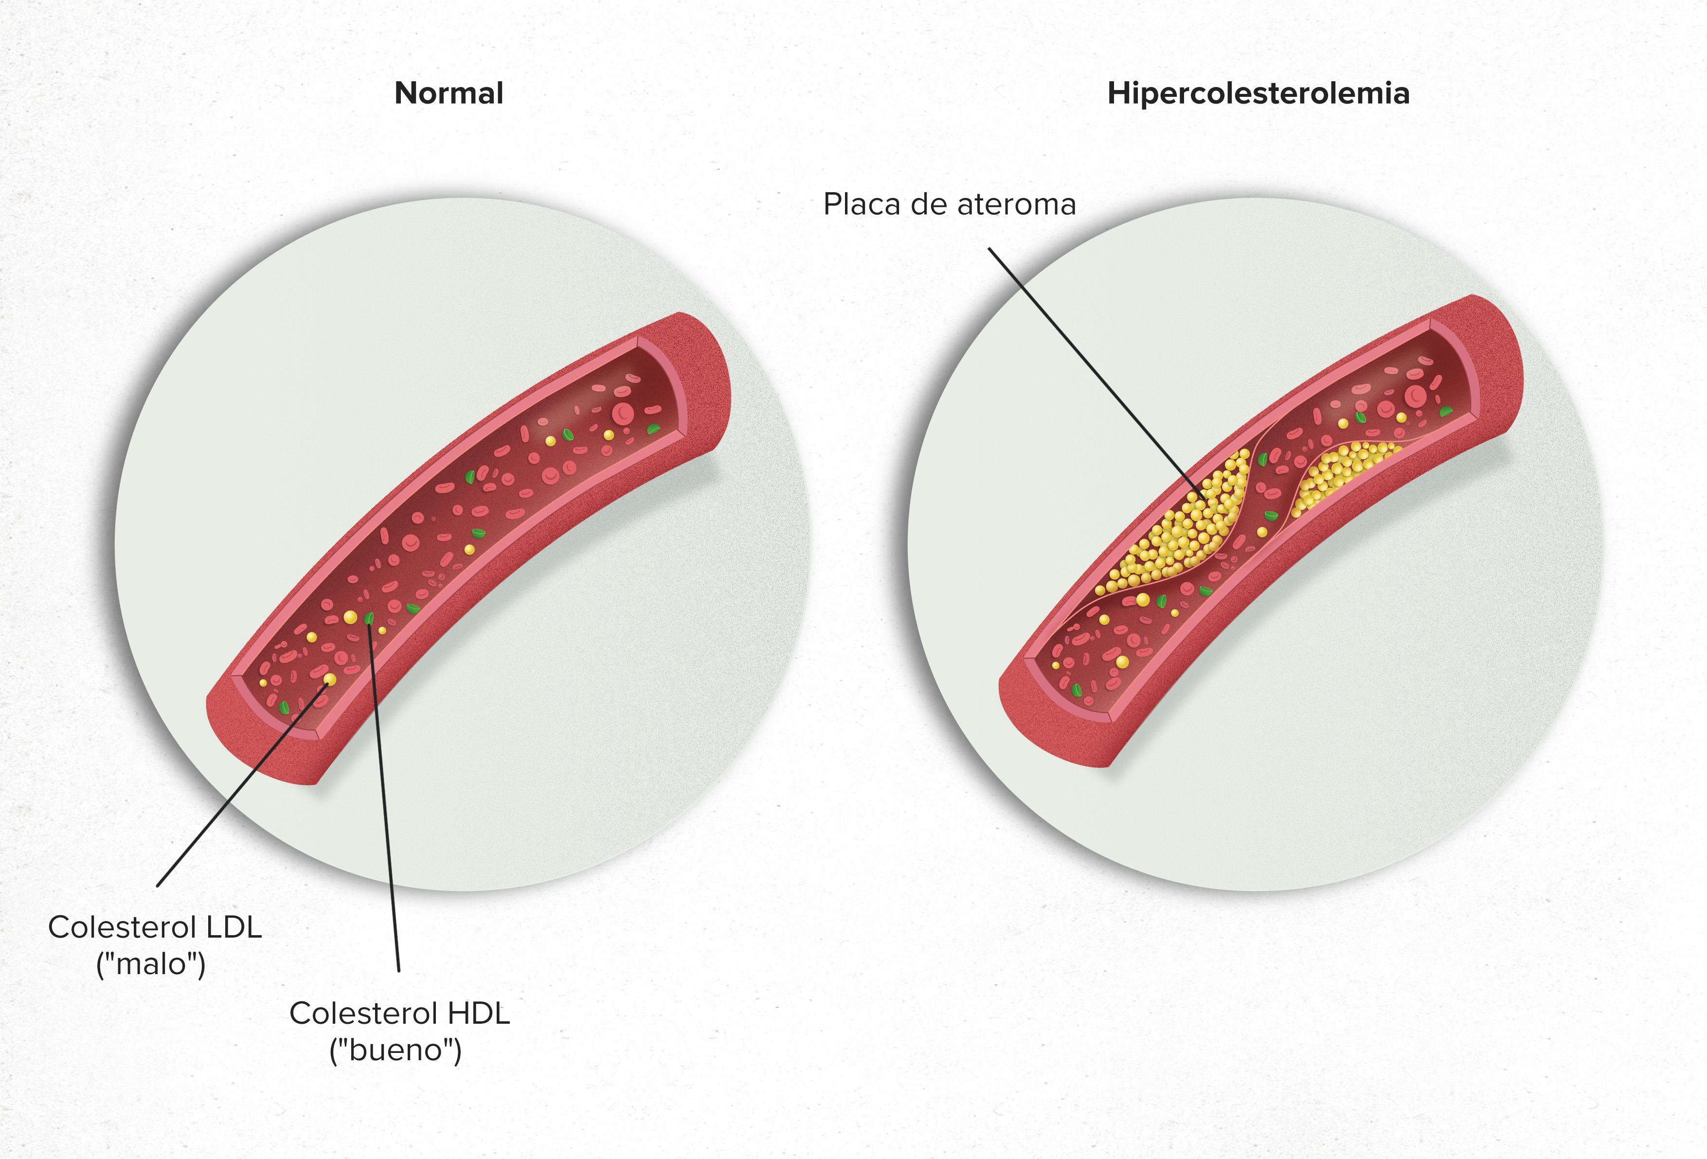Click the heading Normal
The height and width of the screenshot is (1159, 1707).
tap(449, 93)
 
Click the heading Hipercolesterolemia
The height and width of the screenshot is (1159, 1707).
tap(1258, 93)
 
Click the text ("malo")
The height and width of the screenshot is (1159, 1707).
tap(151, 963)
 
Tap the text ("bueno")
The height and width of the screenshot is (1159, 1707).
tap(395, 1050)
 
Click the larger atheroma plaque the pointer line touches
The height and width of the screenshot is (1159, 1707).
tap(1183, 525)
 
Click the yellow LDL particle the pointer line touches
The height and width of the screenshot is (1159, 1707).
tap(330, 679)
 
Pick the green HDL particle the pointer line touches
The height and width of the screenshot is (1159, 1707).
tap(369, 618)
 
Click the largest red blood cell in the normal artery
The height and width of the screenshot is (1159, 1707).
tap(623, 413)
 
